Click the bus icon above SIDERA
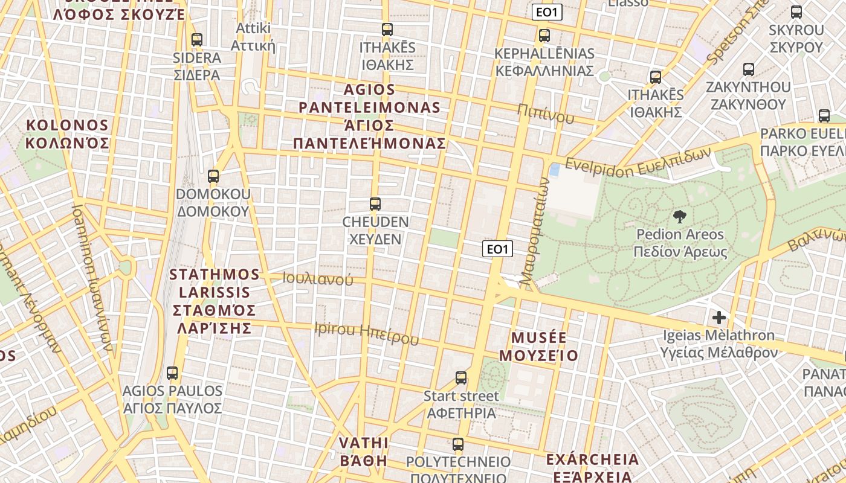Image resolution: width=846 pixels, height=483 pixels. coord(196,40)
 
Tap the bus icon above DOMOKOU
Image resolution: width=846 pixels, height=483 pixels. coord(213,176)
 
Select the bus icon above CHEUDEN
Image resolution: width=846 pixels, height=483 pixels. coord(375,204)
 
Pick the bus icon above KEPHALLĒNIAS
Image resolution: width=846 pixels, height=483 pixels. coord(544,36)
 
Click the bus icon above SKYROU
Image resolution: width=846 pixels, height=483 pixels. coord(796,12)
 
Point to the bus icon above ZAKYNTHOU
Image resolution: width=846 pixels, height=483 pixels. coord(748,69)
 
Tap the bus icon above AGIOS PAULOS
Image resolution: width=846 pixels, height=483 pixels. coord(172,373)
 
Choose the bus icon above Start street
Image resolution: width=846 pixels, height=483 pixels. coord(460,378)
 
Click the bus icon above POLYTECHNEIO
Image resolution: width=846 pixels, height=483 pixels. coord(457,444)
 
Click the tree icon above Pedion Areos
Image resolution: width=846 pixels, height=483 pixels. coord(679,217)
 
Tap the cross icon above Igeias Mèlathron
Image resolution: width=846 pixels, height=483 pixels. coord(718,317)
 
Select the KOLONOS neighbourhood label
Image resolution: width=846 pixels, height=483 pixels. coord(67,134)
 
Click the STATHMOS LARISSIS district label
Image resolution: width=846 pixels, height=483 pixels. coord(214,301)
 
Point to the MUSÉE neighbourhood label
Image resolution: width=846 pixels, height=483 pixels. coord(544,346)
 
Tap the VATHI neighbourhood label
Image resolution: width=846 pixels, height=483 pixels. coord(363,452)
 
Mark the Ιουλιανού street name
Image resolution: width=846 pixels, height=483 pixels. coord(318,279)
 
